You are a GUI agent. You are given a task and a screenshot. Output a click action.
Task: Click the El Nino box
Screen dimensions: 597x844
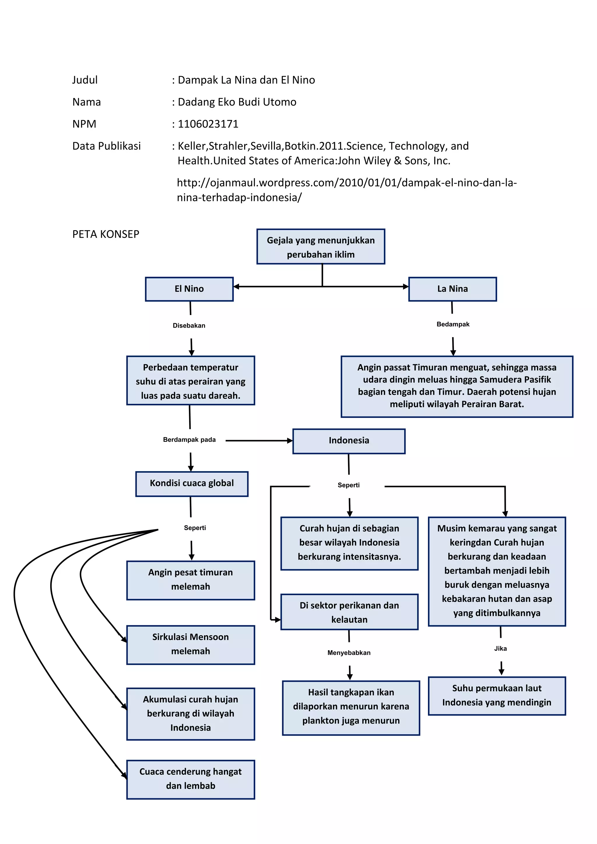click(189, 289)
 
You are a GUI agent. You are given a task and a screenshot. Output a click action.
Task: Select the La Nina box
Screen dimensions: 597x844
click(452, 289)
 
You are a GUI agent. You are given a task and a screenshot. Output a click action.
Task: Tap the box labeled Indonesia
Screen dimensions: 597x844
click(349, 441)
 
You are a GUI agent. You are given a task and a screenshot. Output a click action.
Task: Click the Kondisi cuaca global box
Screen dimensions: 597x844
click(192, 484)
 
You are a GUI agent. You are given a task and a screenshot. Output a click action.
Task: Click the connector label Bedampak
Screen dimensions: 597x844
click(453, 324)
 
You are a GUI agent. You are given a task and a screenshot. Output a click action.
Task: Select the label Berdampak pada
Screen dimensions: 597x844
click(189, 440)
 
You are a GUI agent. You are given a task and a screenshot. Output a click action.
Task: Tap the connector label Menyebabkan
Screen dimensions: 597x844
click(349, 653)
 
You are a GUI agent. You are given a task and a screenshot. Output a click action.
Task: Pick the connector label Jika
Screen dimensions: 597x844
click(500, 648)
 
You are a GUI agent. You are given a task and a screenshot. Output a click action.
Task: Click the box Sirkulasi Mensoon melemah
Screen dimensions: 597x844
click(190, 645)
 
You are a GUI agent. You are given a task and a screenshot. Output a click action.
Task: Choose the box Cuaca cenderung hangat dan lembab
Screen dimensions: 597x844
click(190, 779)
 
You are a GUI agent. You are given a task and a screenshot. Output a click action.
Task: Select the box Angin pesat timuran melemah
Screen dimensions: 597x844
click(190, 580)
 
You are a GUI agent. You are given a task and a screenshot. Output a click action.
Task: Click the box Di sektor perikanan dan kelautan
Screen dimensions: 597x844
click(349, 612)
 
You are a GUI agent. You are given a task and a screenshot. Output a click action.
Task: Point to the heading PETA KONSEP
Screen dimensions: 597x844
click(106, 234)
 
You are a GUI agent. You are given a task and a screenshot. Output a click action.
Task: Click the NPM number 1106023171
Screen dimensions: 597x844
click(208, 124)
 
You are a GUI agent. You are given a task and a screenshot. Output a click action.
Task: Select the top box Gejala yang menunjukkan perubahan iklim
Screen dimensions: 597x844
click(321, 247)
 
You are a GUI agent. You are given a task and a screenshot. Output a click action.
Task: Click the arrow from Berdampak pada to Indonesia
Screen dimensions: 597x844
click(259, 440)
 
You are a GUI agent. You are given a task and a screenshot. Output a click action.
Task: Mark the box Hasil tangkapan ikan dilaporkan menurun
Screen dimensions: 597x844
click(351, 708)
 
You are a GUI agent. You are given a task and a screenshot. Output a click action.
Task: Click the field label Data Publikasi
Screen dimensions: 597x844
click(107, 146)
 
